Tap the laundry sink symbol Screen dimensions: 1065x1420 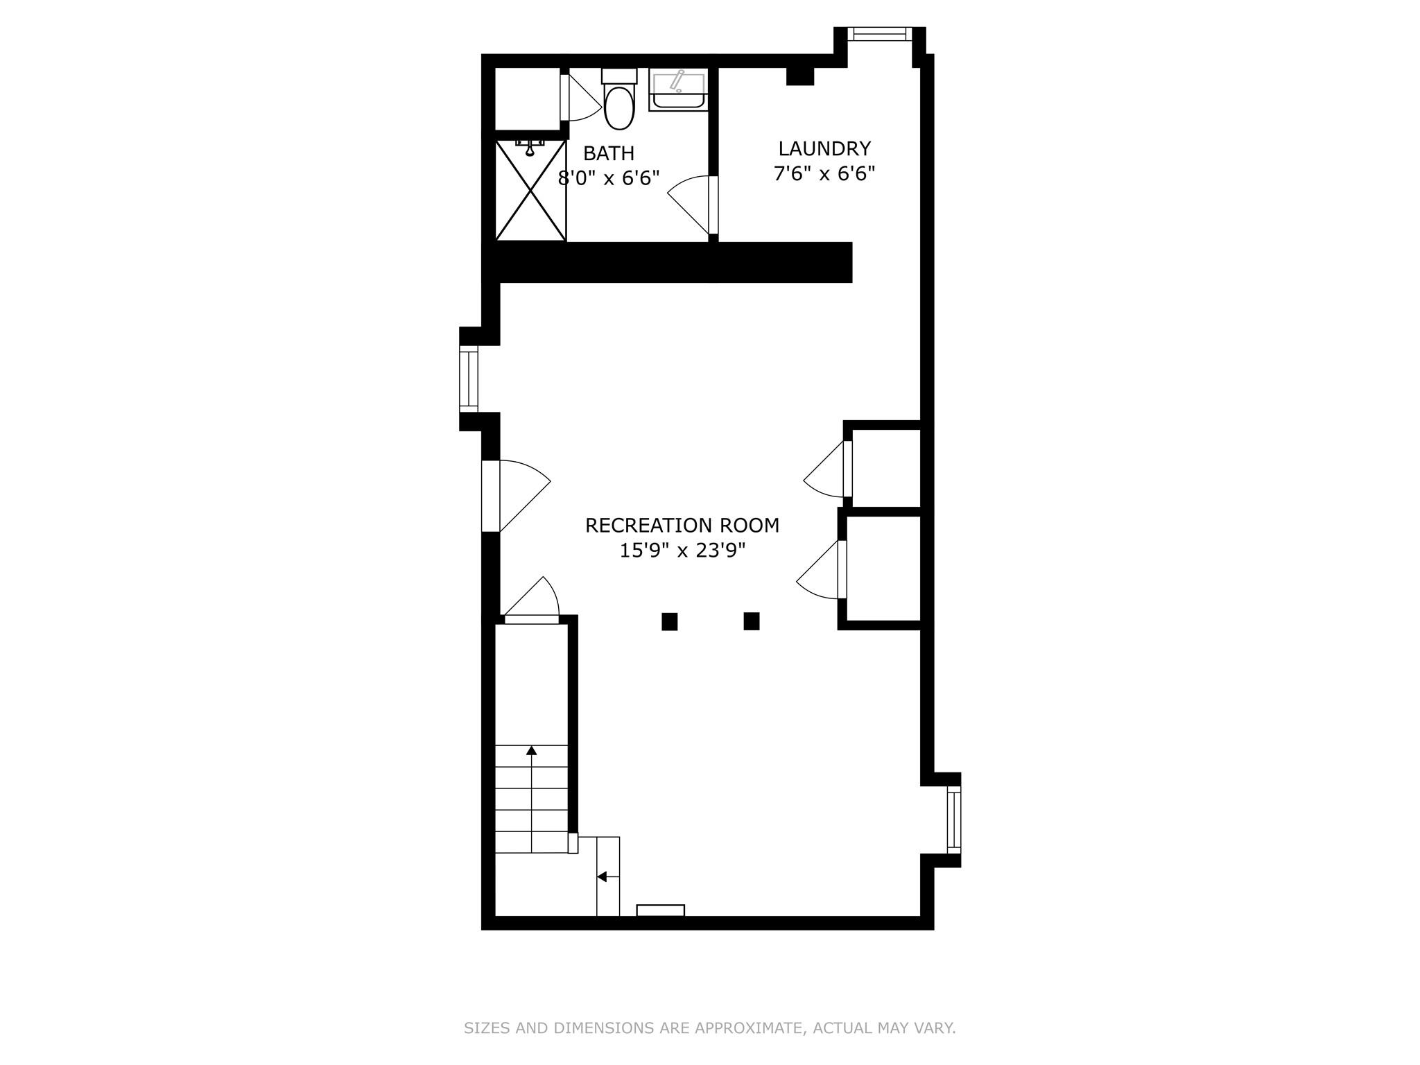coord(678,91)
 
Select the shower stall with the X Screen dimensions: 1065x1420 coord(530,190)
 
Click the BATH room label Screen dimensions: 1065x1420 coord(609,153)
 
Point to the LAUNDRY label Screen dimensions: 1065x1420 coord(824,149)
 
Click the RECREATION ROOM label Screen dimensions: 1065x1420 coord(682,526)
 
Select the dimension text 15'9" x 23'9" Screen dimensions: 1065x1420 coord(682,551)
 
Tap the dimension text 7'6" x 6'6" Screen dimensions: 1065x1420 coord(824,173)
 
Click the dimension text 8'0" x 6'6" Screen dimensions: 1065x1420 coord(609,178)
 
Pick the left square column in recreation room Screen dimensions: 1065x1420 coord(669,621)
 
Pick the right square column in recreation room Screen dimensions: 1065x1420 coord(751,621)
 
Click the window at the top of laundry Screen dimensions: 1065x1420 coord(880,34)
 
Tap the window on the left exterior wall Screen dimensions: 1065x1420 coord(469,379)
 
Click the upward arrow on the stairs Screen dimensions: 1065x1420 coord(532,750)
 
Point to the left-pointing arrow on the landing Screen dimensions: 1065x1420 coord(602,877)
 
